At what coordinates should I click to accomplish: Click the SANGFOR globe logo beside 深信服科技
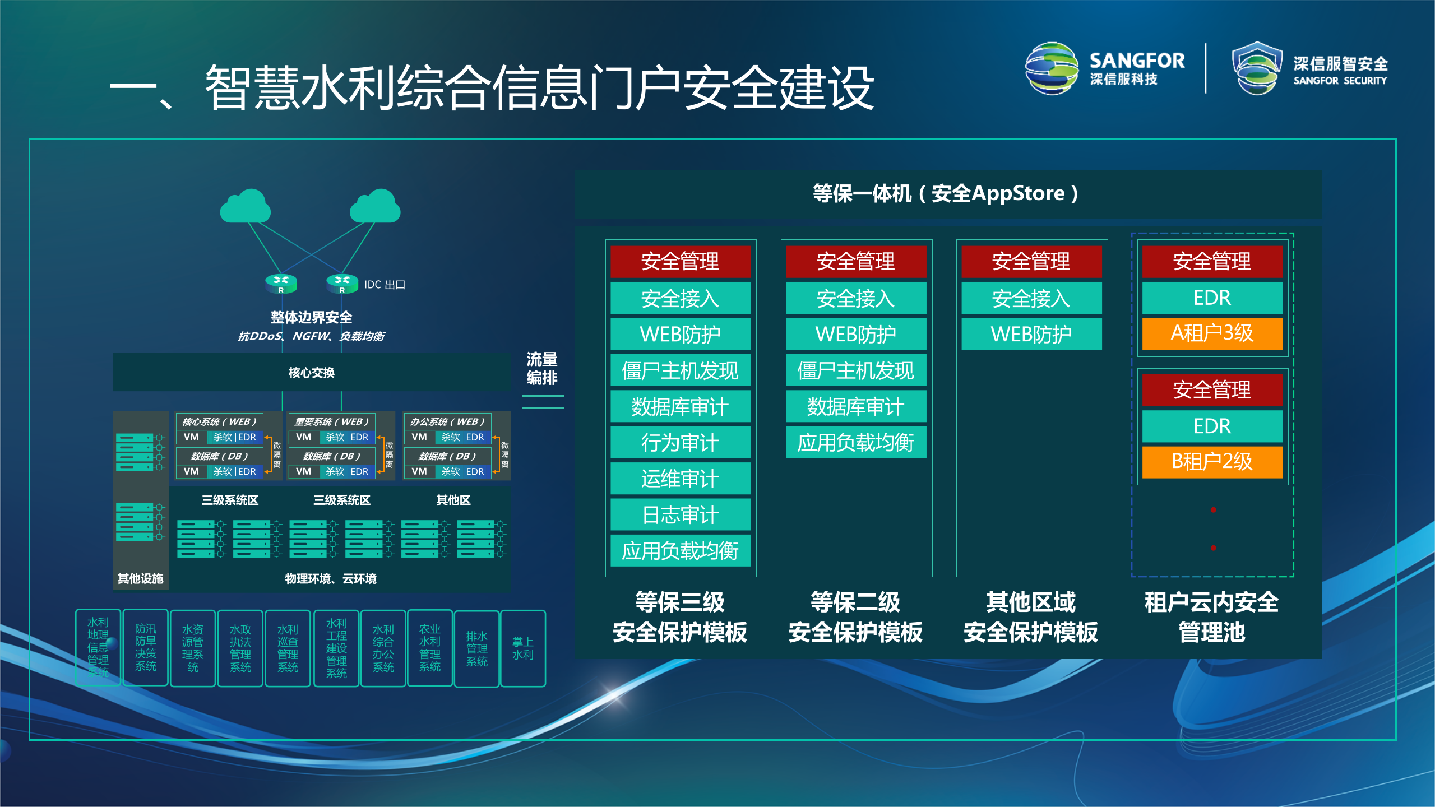(1051, 68)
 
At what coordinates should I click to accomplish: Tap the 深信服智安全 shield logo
(1257, 68)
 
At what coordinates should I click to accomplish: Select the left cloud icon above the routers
(246, 207)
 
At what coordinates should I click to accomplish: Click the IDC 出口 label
(385, 285)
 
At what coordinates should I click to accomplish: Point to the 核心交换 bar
(311, 373)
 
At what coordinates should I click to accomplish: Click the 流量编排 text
(541, 368)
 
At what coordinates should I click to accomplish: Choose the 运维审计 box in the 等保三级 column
(680, 479)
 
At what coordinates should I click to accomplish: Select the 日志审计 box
(680, 515)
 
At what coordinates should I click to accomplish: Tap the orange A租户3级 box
(1212, 333)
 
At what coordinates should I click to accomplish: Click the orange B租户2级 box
(1212, 462)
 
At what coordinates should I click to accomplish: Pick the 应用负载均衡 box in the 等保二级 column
(855, 443)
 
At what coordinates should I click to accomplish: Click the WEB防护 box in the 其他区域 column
(1031, 335)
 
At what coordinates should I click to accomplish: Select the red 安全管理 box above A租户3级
(1212, 262)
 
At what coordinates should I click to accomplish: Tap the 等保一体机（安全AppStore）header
(947, 194)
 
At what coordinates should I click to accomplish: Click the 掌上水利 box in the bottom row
(522, 648)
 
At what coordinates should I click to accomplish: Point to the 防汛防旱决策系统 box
(145, 647)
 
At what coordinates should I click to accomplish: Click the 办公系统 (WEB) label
(447, 421)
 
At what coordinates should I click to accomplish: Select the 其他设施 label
(140, 578)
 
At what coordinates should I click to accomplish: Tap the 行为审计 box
(680, 443)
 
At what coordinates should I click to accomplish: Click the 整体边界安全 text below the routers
(311, 317)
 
